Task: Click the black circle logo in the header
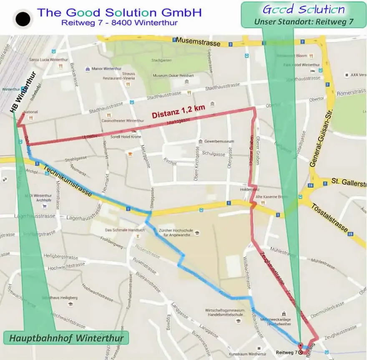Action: (x=23, y=19)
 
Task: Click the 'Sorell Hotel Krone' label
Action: (x=125, y=137)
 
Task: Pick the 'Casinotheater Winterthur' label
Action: (x=123, y=121)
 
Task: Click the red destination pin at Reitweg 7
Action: (x=300, y=345)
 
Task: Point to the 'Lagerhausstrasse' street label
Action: (x=34, y=216)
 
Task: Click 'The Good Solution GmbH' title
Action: (x=119, y=12)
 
